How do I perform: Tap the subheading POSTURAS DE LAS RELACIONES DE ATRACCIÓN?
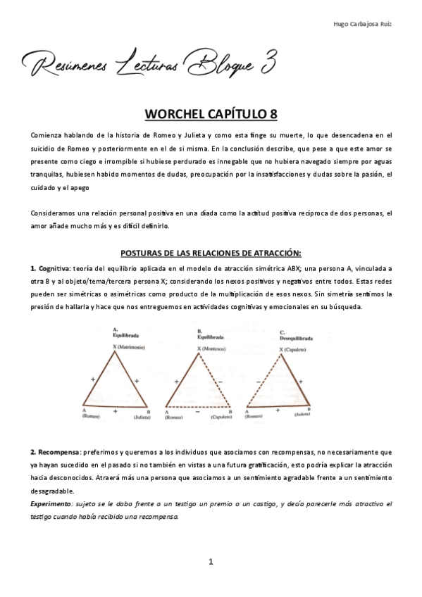tap(211, 252)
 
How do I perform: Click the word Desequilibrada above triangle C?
tap(297, 337)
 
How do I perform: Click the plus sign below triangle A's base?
tap(115, 410)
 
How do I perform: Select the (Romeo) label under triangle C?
tap(254, 417)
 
